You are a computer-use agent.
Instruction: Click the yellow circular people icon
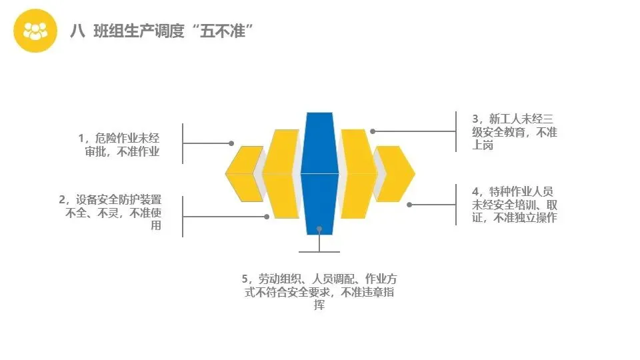pos(35,31)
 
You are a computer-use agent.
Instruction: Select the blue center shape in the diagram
pos(319,173)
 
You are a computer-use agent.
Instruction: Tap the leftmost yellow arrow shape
pos(243,173)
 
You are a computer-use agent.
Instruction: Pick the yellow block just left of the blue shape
pos(281,174)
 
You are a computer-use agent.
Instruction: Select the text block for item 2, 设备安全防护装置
pos(113,212)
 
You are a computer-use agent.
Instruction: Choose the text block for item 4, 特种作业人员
pos(514,204)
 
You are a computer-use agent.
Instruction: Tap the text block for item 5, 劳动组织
pos(319,291)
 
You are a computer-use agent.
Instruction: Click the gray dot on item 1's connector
pos(231,143)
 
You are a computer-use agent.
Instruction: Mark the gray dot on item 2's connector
pos(267,216)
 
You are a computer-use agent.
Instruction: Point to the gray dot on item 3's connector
pos(373,131)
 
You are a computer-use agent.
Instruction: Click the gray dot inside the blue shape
pos(319,229)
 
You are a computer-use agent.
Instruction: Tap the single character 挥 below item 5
pos(319,305)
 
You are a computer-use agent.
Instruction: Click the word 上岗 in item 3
pos(483,145)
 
